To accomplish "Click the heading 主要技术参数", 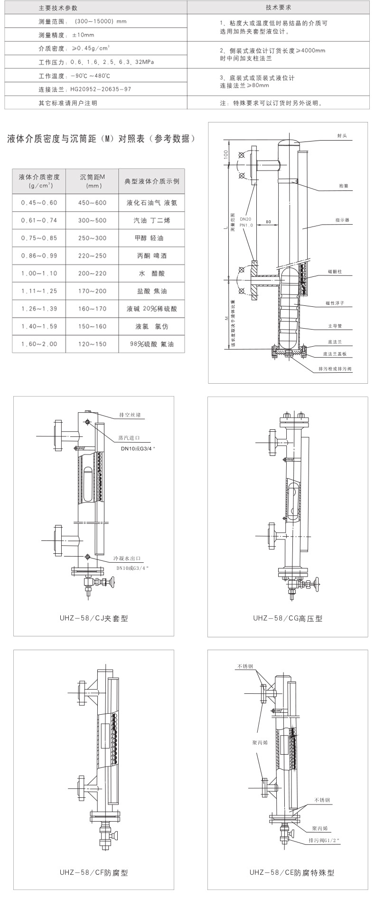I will (x=58, y=9).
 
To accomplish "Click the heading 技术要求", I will (x=278, y=9).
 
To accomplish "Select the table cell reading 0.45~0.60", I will (x=39, y=203).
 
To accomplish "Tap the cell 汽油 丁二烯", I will (x=151, y=220).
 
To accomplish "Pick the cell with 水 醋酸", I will (x=151, y=274).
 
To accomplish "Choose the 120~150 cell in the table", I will (x=93, y=344).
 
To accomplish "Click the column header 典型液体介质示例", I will (x=151, y=181).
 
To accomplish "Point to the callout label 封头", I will (x=342, y=136).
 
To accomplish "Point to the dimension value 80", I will (x=268, y=221).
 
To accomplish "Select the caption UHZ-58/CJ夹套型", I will (x=94, y=618).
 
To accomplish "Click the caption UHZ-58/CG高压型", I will (x=288, y=618).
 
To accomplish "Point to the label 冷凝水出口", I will (x=127, y=559).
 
